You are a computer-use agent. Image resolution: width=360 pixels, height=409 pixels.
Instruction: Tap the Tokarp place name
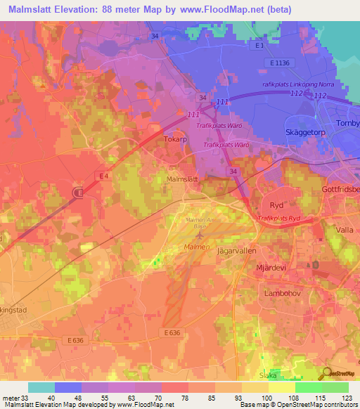[x=176, y=139]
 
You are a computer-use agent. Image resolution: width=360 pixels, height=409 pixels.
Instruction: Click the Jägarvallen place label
[x=236, y=250]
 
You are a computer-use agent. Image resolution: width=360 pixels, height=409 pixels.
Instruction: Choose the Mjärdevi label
[x=272, y=268]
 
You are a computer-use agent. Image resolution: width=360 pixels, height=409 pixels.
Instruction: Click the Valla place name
[x=344, y=229]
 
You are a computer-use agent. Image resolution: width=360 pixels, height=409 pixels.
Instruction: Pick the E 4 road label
[x=103, y=175]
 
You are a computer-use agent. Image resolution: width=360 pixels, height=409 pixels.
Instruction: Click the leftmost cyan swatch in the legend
[x=41, y=387]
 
